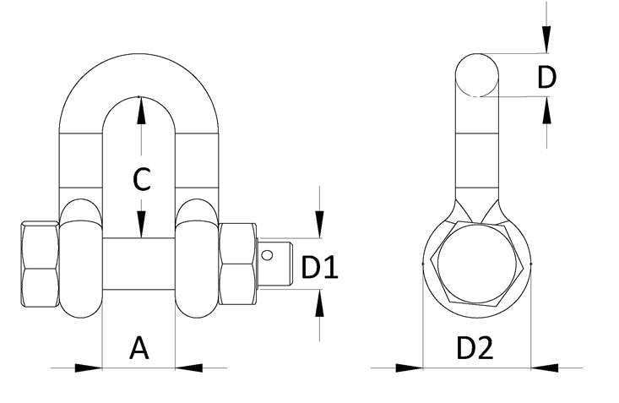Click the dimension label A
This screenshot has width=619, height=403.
click(x=139, y=348)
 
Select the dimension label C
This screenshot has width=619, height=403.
click(x=142, y=180)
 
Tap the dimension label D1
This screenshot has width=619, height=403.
click(x=320, y=269)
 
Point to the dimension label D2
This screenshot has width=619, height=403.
click(x=475, y=348)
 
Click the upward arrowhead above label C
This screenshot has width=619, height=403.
click(x=141, y=107)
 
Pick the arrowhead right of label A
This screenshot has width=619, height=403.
click(x=189, y=368)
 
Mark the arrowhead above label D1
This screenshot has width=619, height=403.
click(x=319, y=226)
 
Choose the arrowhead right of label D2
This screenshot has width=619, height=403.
click(x=545, y=368)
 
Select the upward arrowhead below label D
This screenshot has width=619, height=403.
click(x=546, y=111)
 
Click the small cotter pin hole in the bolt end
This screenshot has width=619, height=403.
click(x=269, y=253)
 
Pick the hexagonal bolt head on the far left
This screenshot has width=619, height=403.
click(x=38, y=265)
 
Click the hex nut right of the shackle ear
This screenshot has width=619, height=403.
click(x=238, y=264)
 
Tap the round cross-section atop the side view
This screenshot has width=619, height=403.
click(x=478, y=75)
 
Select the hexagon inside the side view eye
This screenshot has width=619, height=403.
click(x=477, y=264)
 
